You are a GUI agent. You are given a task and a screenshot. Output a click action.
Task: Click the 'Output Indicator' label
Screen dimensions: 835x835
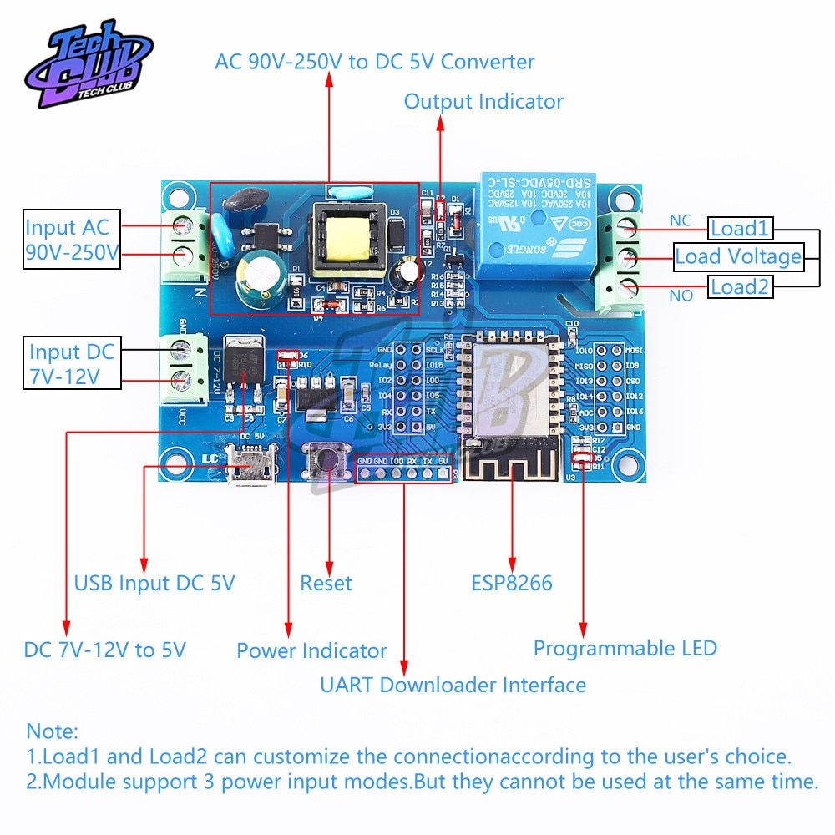[x=483, y=102]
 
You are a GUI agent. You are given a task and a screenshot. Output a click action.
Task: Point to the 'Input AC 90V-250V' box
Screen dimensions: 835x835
[x=72, y=239]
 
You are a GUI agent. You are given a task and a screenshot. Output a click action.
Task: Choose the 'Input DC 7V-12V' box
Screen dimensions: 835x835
[x=72, y=363]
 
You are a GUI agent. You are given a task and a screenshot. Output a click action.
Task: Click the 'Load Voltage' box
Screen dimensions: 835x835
[x=738, y=256]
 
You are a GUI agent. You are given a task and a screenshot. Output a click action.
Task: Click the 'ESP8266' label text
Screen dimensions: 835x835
[x=512, y=583]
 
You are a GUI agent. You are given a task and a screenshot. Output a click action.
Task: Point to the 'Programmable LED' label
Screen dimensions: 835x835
[x=625, y=648]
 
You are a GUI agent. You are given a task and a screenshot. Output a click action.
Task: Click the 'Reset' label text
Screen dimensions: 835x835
[x=326, y=583]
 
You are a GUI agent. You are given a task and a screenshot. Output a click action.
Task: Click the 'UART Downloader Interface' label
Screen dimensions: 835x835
[x=453, y=686]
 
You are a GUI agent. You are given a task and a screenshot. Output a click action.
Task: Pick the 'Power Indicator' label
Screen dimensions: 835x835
[x=311, y=650]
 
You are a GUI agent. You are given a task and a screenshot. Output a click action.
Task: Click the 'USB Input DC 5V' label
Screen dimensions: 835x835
[x=154, y=583]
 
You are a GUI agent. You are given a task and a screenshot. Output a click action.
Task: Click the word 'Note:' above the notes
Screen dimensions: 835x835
[x=53, y=732]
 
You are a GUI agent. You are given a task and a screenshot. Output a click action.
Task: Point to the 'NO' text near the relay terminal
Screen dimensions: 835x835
[x=681, y=296]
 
